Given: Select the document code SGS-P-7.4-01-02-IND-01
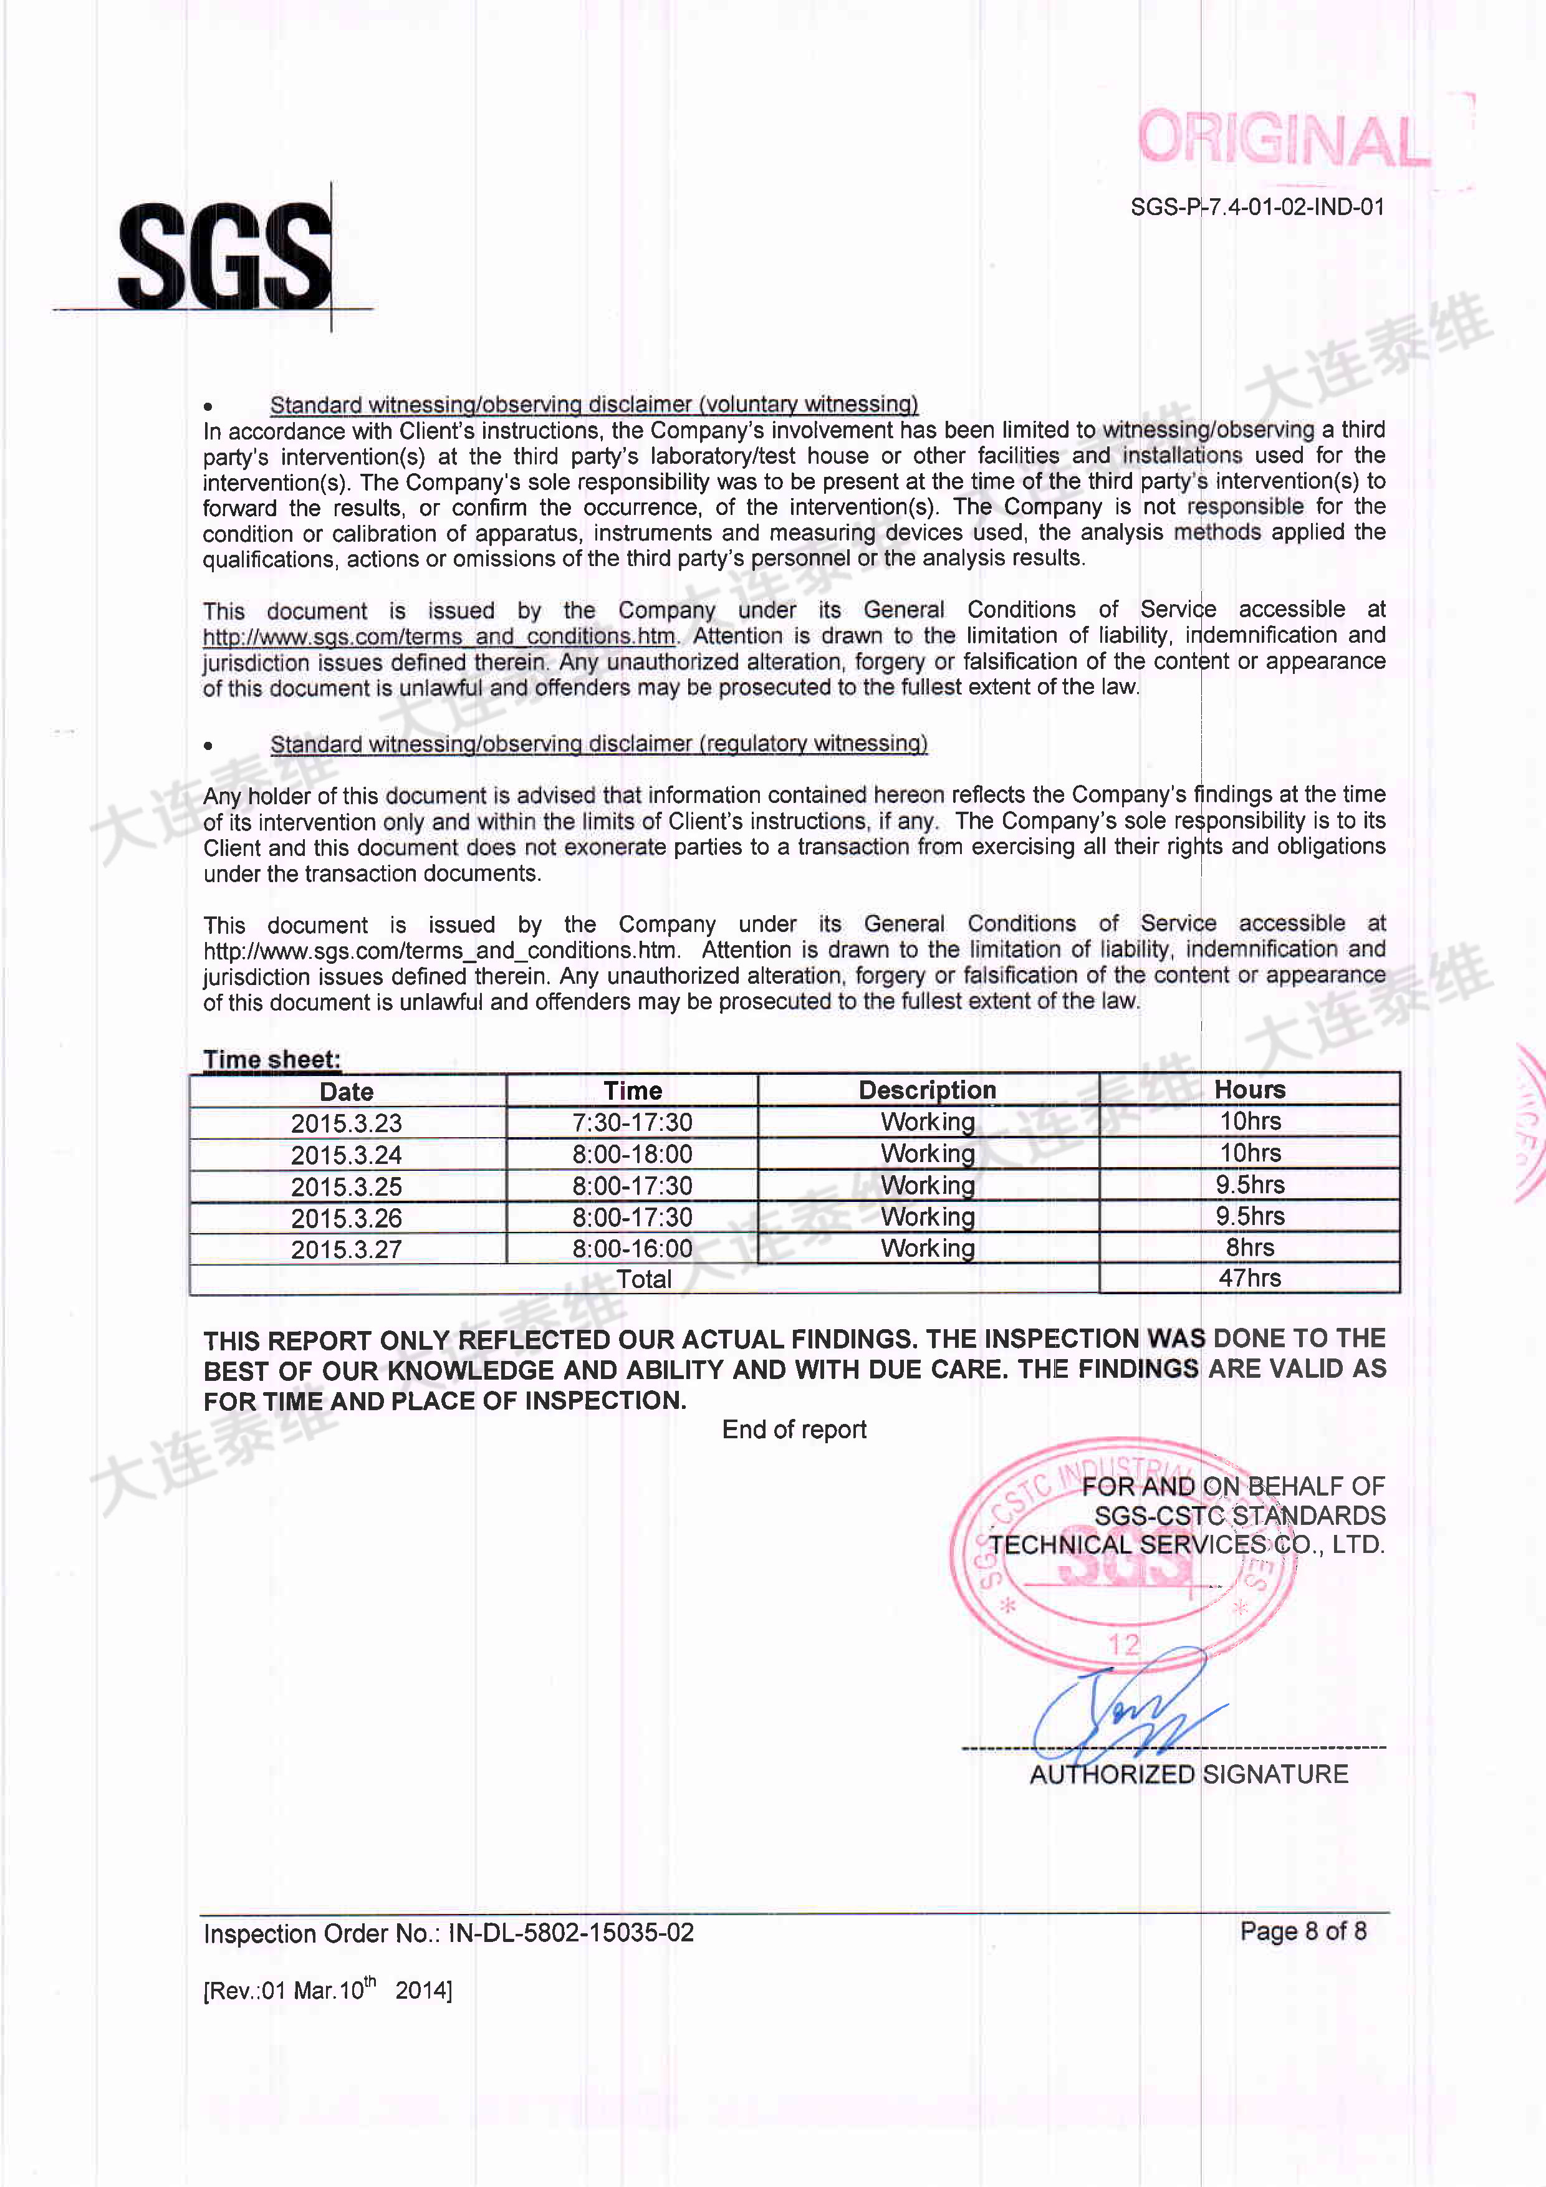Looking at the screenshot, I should click(x=1257, y=207).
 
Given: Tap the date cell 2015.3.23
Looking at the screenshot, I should click(x=347, y=1123).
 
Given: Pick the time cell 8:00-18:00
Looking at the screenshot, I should click(x=633, y=1155).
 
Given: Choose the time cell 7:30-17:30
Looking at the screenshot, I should click(x=633, y=1122).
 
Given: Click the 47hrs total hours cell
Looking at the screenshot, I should click(x=1250, y=1278).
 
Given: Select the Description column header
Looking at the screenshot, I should click(x=927, y=1090).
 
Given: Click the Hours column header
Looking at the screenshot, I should click(x=1250, y=1090).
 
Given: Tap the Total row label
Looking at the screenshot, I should click(x=644, y=1279).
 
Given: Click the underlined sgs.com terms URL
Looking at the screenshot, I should click(x=439, y=637).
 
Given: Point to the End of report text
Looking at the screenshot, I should click(x=794, y=1430).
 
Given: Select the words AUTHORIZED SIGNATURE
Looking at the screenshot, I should click(x=1189, y=1774).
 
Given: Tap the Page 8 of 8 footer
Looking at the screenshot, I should click(x=1303, y=1931).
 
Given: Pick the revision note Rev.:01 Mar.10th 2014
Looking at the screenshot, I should click(x=328, y=1990).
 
